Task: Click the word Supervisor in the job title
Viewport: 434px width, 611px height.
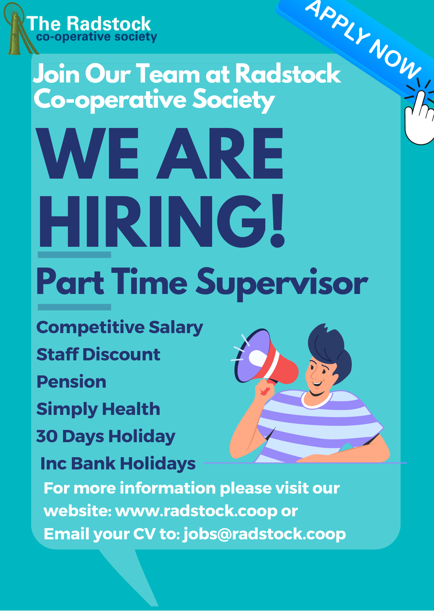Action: [282, 283]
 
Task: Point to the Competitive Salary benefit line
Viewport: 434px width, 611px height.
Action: [120, 328]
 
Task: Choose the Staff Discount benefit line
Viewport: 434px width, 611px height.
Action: [98, 354]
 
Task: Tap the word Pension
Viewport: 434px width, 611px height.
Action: [71, 382]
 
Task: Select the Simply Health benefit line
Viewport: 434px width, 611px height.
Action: [98, 409]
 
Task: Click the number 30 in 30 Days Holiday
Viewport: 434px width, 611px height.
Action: [47, 437]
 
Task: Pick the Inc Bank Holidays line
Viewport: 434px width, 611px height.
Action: [118, 464]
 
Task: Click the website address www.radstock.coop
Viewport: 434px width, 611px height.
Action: [196, 511]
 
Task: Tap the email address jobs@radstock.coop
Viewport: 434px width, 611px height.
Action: [265, 534]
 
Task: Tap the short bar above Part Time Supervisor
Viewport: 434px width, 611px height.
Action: [74, 255]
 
